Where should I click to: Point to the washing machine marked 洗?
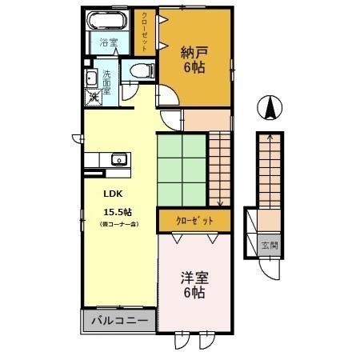(93, 97)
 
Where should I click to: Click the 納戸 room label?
(193, 53)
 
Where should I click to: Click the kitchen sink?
(117, 158)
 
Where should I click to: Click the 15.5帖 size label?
(117, 212)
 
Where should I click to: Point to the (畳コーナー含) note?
(118, 226)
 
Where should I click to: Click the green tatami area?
(182, 169)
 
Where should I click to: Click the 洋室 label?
(193, 278)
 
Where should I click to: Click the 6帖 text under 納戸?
(193, 68)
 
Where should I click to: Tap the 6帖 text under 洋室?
(193, 294)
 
